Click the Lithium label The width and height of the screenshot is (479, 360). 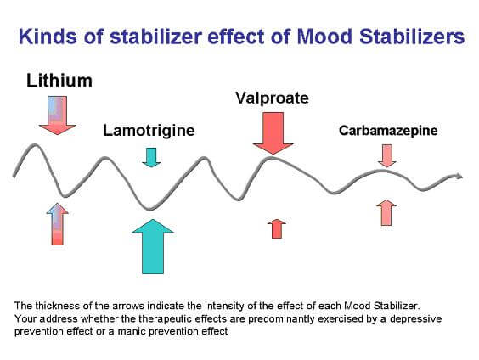(x=59, y=81)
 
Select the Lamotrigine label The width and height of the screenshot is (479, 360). (x=149, y=131)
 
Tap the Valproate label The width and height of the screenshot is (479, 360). (x=272, y=98)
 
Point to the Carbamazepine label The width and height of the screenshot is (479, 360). (x=388, y=131)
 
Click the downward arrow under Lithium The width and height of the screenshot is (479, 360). (x=57, y=115)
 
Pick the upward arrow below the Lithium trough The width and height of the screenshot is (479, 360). (x=58, y=224)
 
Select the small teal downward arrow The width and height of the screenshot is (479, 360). (x=151, y=158)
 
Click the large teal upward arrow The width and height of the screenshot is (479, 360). (x=153, y=246)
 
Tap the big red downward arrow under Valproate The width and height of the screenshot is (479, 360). (x=273, y=133)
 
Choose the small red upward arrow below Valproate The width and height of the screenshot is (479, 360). (x=277, y=228)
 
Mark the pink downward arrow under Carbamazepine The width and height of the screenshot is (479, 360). (x=387, y=155)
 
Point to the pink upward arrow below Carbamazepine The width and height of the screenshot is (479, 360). (x=386, y=213)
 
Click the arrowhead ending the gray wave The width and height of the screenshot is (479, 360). (x=459, y=176)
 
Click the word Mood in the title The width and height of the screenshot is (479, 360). (x=324, y=37)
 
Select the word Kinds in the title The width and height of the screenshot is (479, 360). (x=48, y=37)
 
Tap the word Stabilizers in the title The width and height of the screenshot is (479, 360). (x=412, y=37)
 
